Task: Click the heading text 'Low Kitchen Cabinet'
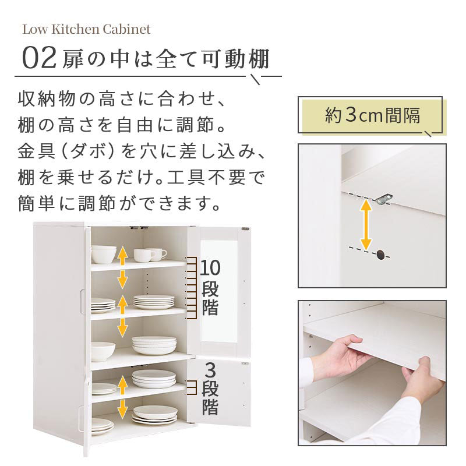[x=86, y=30]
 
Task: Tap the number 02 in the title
[x=39, y=59]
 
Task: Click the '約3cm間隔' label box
[x=372, y=115]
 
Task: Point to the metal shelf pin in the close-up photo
[x=384, y=198]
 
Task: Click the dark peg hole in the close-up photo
[x=380, y=255]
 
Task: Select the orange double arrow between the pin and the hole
[x=366, y=225]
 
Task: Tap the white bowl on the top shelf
[x=104, y=255]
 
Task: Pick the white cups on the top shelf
[x=150, y=255]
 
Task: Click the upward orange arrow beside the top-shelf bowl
[x=122, y=256]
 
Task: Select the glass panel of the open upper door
[x=219, y=291]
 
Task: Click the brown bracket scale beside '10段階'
[x=191, y=288]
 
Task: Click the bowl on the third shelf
[x=103, y=352]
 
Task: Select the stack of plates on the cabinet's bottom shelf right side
[x=155, y=415]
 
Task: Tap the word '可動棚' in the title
[x=235, y=59]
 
